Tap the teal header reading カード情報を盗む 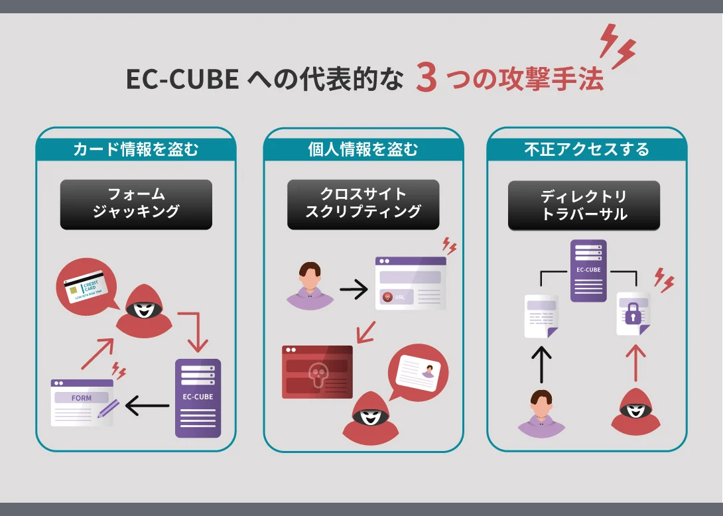point(135,149)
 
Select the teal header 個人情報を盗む point(363,149)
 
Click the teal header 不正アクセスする point(586,149)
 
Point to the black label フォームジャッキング point(136,204)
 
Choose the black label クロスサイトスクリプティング point(363,204)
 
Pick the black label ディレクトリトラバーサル point(584,206)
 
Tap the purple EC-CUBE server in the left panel point(198,398)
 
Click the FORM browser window point(82,402)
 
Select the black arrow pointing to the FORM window point(147,405)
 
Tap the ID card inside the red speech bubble point(419,376)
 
